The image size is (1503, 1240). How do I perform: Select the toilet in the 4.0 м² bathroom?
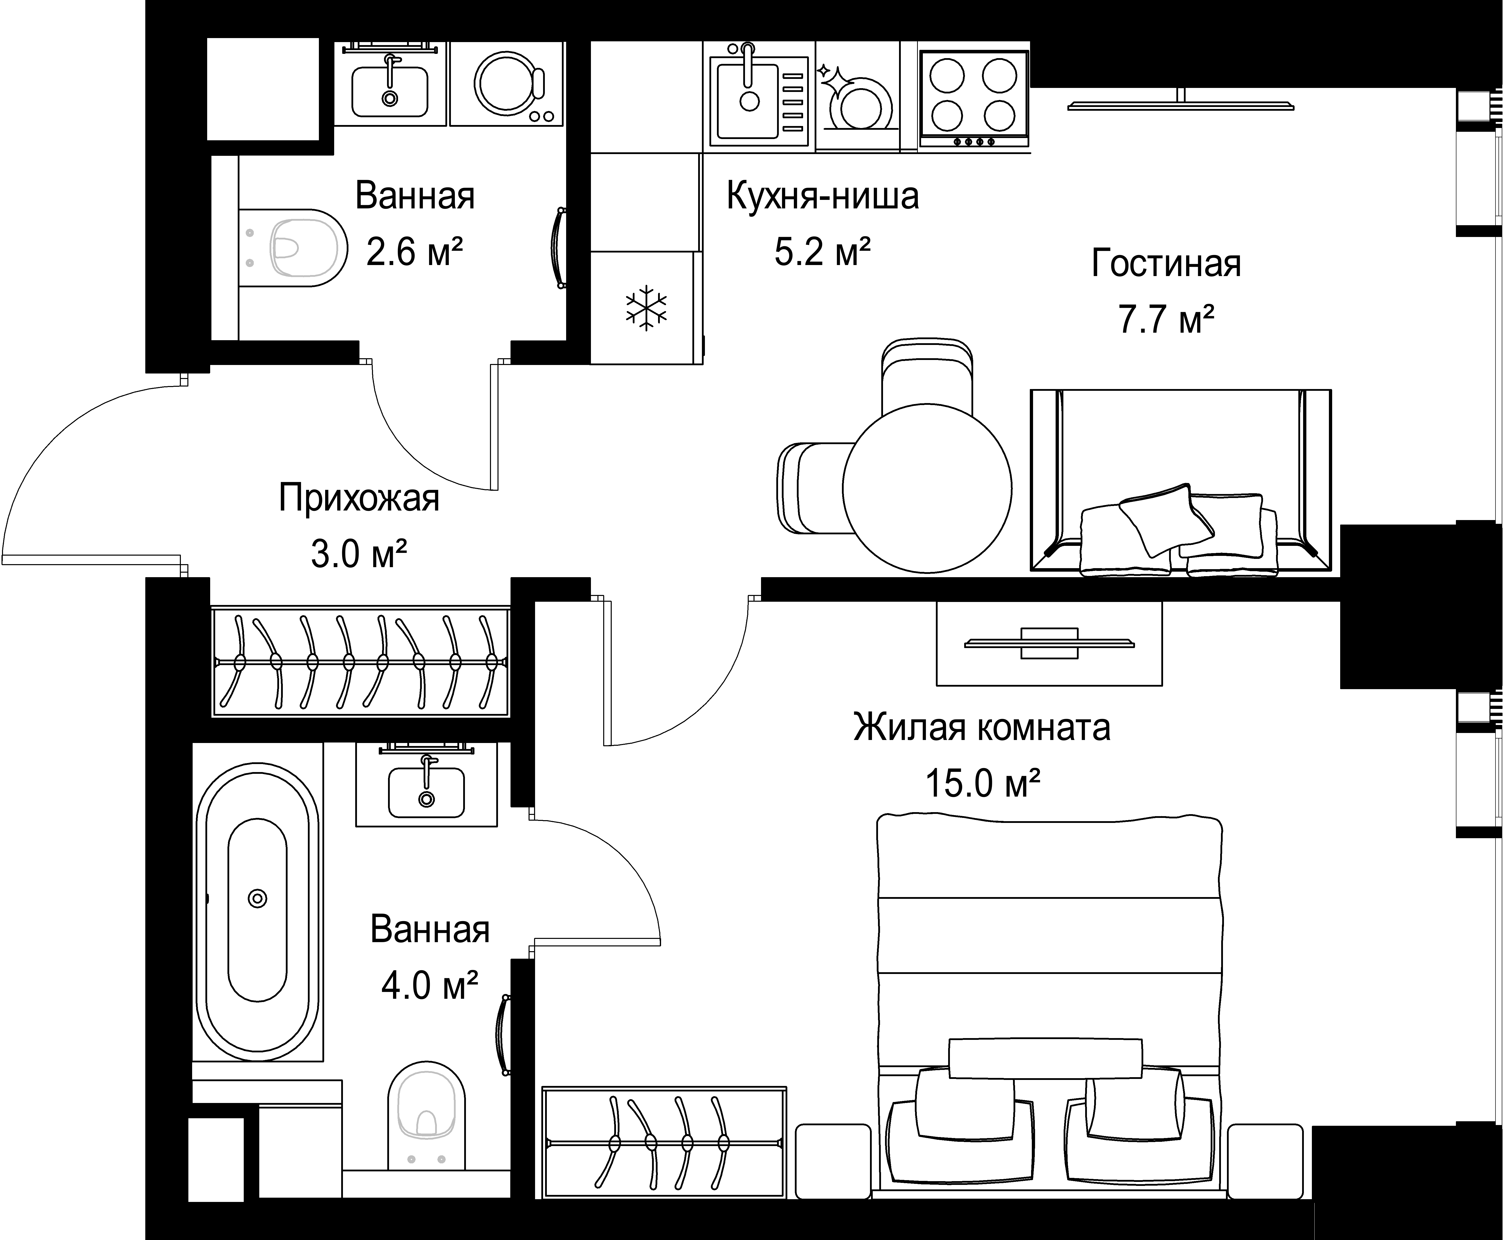tap(426, 1120)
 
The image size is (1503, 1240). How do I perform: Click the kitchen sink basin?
tap(748, 100)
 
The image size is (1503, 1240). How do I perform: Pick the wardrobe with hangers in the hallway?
tap(361, 661)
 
